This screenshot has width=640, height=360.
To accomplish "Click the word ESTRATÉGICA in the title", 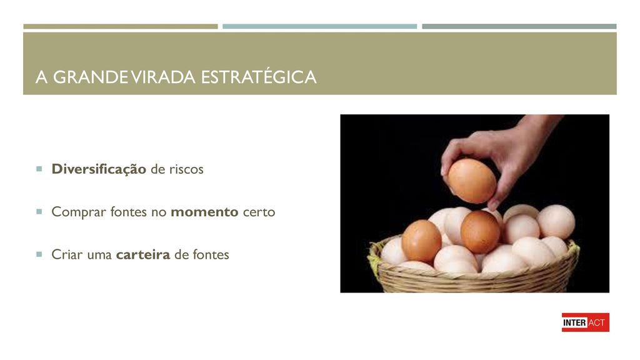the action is click(x=259, y=77).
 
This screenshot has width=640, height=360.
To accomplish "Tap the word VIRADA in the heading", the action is click(x=163, y=77).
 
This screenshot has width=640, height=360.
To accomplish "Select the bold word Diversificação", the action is click(x=99, y=169).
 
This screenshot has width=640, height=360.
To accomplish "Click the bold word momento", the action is click(x=204, y=212).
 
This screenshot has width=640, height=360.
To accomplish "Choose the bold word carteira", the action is click(x=143, y=255).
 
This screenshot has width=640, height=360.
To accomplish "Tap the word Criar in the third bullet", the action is click(x=64, y=255).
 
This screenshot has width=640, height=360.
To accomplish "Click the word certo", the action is click(x=259, y=212).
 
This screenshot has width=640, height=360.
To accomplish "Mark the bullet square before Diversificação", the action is click(x=39, y=169).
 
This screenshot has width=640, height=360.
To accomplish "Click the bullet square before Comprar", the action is click(x=39, y=211).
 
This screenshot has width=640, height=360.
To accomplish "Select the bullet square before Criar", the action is click(x=39, y=254).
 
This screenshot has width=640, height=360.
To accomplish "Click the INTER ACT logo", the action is click(x=585, y=322).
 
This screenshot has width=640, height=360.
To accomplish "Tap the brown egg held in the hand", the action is click(x=472, y=181).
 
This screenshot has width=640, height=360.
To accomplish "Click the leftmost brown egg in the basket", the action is click(x=421, y=241).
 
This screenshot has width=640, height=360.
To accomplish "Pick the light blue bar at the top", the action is click(x=319, y=26).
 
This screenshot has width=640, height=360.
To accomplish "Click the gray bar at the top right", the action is click(x=519, y=26).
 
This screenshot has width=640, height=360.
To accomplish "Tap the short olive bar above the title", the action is click(x=121, y=26).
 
